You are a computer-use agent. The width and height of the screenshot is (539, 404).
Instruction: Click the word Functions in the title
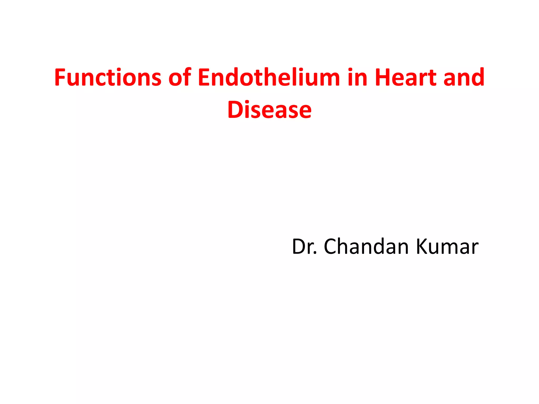[x=108, y=77]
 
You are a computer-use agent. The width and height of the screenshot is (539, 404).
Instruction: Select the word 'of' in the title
[x=180, y=77]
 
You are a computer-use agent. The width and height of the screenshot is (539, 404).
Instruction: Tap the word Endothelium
[x=269, y=77]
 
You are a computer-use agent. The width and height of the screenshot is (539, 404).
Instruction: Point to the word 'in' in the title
[x=357, y=77]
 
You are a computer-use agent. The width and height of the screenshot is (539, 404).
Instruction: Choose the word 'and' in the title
[x=464, y=77]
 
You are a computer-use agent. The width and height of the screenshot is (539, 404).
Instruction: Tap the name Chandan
[x=366, y=247]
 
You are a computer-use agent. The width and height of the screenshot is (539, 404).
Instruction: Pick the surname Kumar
[x=447, y=247]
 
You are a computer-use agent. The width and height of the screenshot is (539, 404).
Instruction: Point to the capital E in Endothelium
[x=204, y=77]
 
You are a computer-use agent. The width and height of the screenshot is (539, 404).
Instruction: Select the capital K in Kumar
[x=422, y=247]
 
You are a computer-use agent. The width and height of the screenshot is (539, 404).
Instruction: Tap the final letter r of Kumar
[x=475, y=249]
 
